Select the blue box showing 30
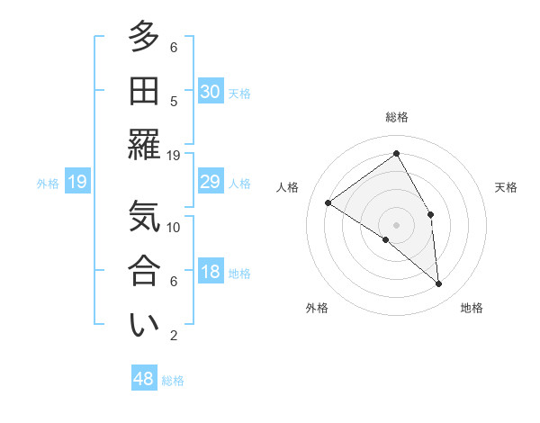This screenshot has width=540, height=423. tap(210, 91)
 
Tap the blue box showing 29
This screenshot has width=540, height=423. tap(210, 182)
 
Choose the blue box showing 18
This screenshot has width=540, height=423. tap(210, 272)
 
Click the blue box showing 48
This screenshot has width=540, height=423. tap(144, 379)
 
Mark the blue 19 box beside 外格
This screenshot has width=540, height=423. tap(77, 183)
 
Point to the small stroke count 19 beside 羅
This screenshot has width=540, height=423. tap(174, 155)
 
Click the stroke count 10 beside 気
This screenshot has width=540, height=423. tap(174, 227)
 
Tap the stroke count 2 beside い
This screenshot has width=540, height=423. tap(174, 336)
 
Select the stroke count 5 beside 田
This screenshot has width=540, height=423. tap(174, 101)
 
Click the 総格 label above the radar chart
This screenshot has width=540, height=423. tap(396, 117)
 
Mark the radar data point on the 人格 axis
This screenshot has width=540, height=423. tap(328, 202)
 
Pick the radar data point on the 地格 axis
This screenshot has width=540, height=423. tap(438, 283)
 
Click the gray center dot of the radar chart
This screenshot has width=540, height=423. tap(396, 224)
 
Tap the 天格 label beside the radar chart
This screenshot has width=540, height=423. tap(506, 187)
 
